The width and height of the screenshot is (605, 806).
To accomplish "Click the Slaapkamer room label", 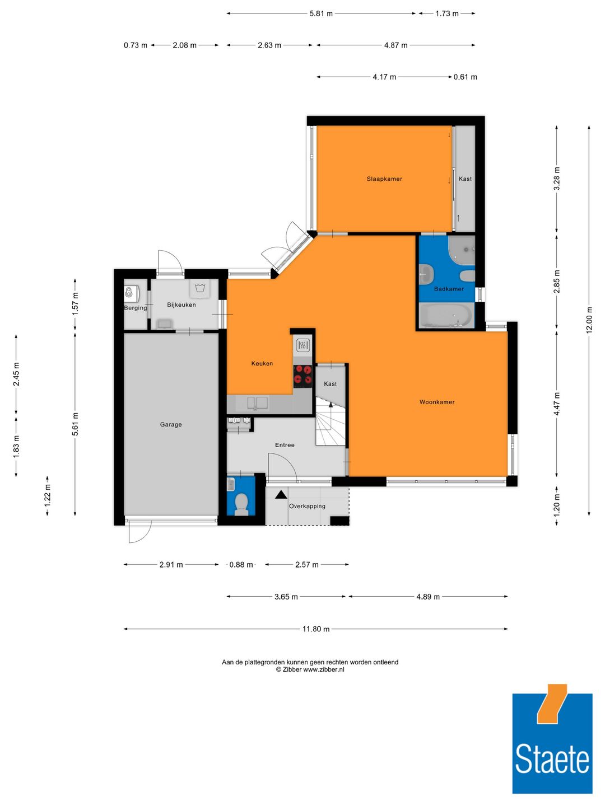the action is coord(384,179).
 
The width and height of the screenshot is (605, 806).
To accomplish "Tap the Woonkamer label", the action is coord(437,402).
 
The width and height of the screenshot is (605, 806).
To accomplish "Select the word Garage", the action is coord(171,424).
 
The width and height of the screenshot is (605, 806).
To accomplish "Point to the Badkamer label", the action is coord(449,289).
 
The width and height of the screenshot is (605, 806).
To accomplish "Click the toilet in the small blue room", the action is coord(241,504).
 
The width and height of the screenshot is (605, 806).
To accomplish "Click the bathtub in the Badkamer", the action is coord(445,316).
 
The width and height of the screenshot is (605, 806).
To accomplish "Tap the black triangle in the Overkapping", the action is coord(281,494).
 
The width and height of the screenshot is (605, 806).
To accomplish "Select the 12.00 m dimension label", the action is coord(589,320).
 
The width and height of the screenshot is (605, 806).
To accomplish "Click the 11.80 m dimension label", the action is coord(316,629).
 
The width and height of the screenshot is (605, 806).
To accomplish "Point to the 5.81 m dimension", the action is coord(321,13).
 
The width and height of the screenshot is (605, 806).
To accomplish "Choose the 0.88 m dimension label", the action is coord(241,565).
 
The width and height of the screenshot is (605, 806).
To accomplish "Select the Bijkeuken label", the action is coord(182,305).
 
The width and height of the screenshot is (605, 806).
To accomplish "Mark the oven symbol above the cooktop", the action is coord(302,345).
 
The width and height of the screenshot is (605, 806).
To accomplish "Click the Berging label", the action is coord(136,308).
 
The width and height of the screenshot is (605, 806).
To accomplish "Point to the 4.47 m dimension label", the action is coord(557,404).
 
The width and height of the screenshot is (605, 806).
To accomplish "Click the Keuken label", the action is coord(262,363).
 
